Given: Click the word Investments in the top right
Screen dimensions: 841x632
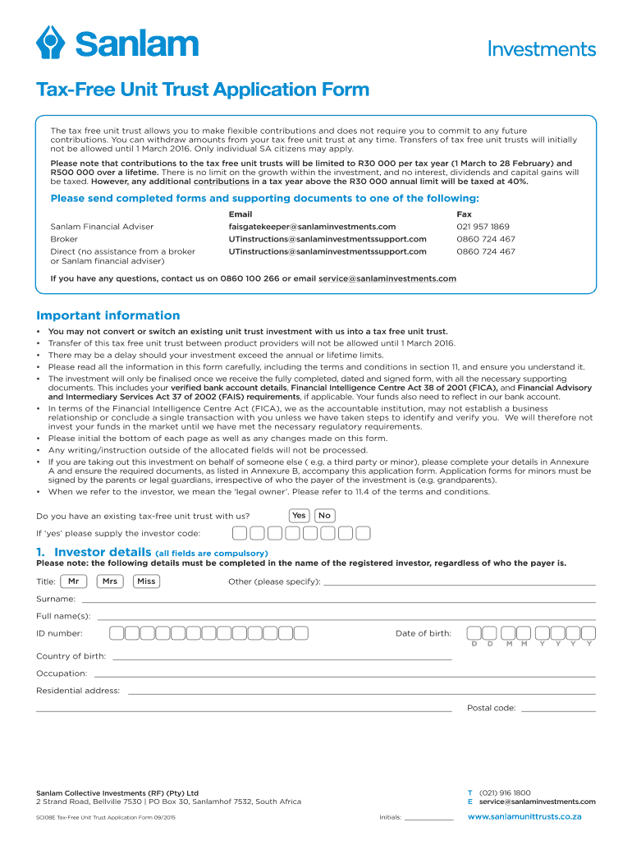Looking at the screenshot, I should point(542,48).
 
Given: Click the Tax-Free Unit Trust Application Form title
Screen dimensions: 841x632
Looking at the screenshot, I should point(202,90).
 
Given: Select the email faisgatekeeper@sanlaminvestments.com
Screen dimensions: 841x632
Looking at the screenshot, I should point(312,226).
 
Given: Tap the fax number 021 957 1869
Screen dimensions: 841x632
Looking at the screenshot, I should point(483,226).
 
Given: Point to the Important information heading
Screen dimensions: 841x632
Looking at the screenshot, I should point(108,315).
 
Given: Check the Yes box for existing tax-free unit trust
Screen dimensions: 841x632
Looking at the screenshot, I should point(299,515).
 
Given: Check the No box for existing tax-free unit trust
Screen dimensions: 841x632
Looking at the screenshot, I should point(324,515).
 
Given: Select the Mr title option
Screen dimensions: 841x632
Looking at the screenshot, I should point(74,581).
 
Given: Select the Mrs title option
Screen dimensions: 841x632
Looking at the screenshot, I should point(110,581).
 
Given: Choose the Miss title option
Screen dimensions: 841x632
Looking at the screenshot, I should point(146,581).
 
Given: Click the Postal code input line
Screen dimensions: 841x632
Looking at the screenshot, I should point(558,709).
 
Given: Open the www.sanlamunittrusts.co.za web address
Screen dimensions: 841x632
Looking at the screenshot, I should point(524,817).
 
